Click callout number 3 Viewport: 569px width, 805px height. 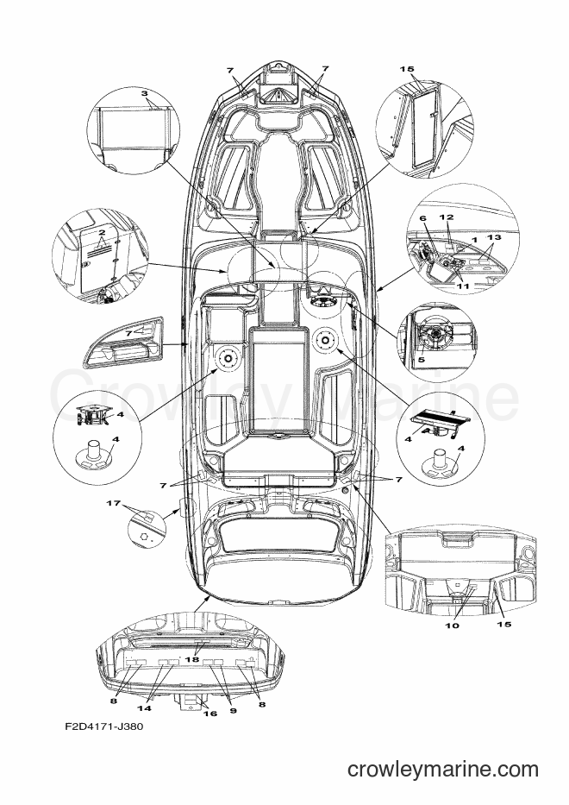coord(144,92)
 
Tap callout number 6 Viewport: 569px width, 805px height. coord(423,219)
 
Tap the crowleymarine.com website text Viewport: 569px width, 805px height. coord(442,770)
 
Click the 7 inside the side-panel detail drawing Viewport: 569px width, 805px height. coord(129,332)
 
